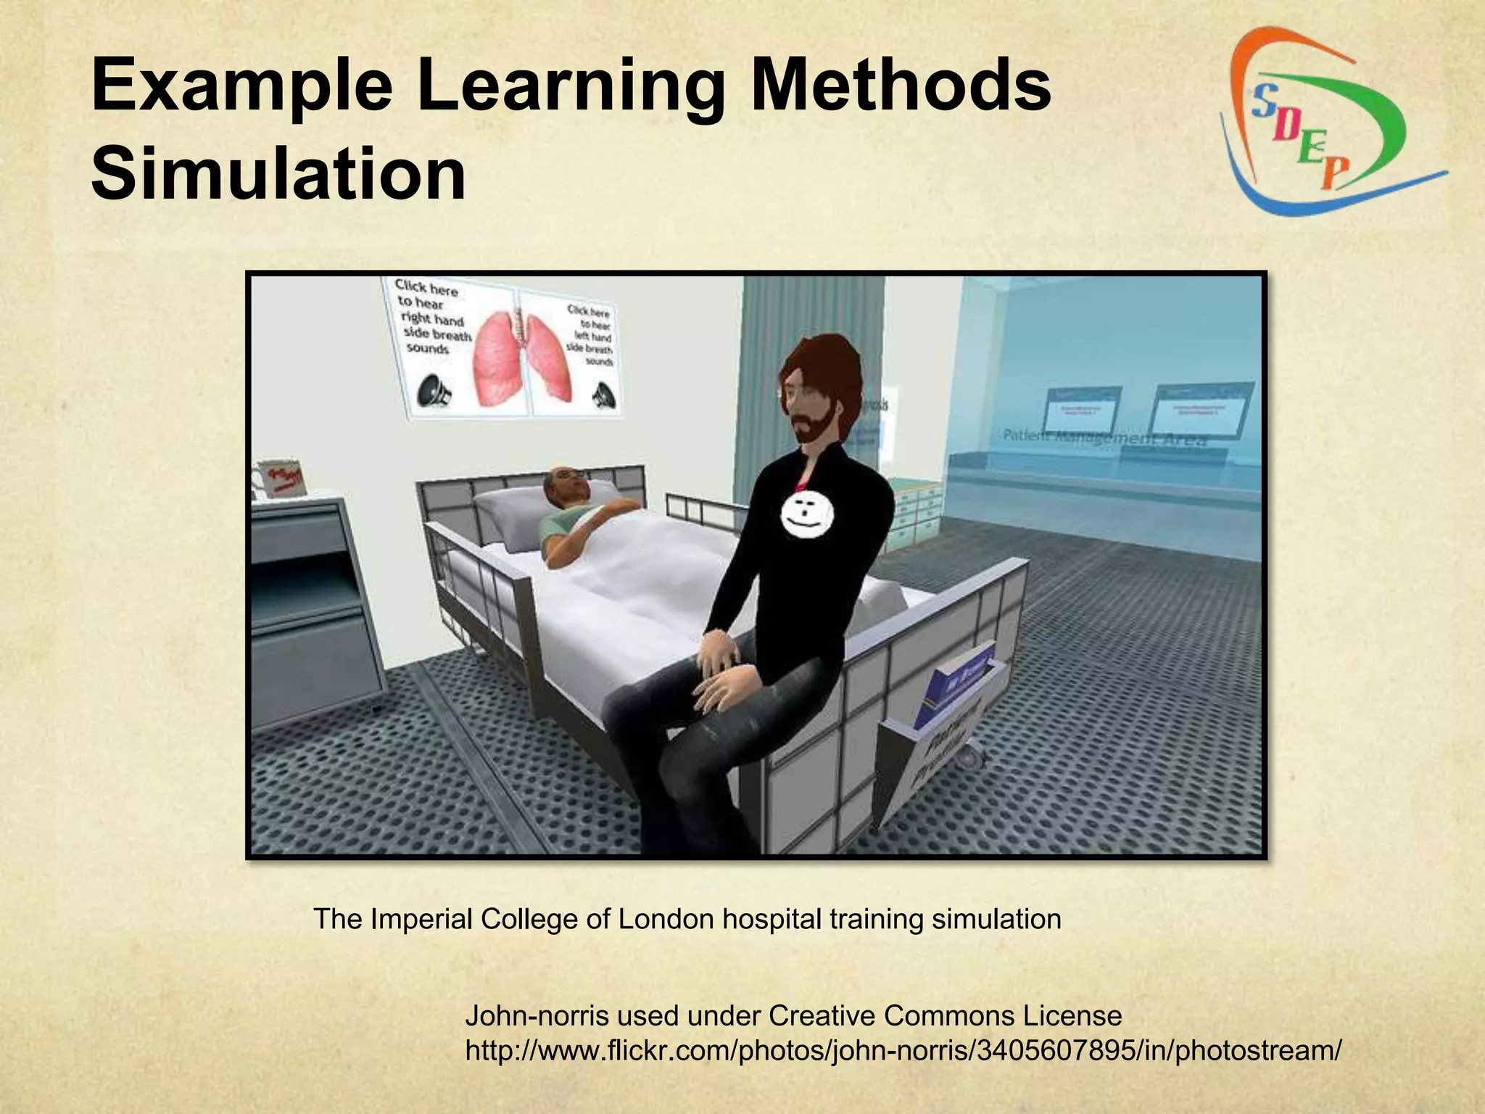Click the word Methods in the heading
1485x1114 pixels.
point(899,88)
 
